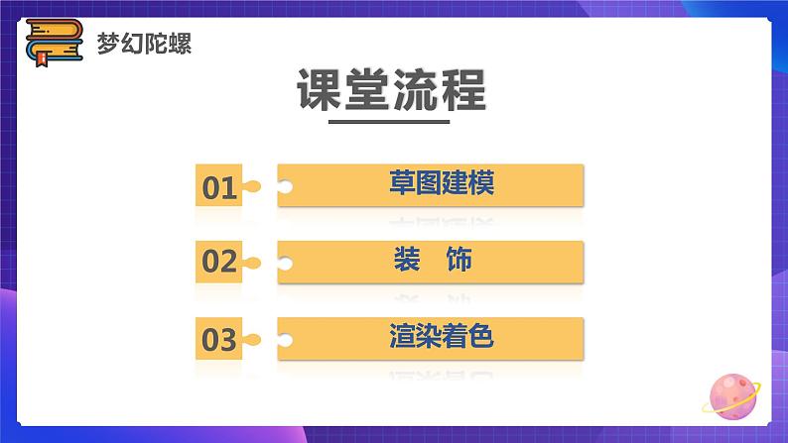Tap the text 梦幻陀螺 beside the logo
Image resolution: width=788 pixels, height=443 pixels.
(x=144, y=44)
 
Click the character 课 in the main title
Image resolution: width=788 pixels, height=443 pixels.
(x=320, y=91)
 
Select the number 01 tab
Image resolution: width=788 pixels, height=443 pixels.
(x=220, y=186)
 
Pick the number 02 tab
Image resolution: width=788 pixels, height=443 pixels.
(x=220, y=263)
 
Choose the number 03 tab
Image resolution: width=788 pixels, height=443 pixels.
(x=220, y=340)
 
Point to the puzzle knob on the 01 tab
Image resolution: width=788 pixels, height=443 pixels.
(x=253, y=186)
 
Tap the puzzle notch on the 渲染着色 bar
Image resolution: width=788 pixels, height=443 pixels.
(x=286, y=340)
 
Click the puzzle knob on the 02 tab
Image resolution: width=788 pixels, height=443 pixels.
(x=253, y=263)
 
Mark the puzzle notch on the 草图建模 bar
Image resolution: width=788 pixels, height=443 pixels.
(x=286, y=186)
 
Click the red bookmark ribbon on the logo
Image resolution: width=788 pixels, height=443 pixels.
(x=42, y=59)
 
